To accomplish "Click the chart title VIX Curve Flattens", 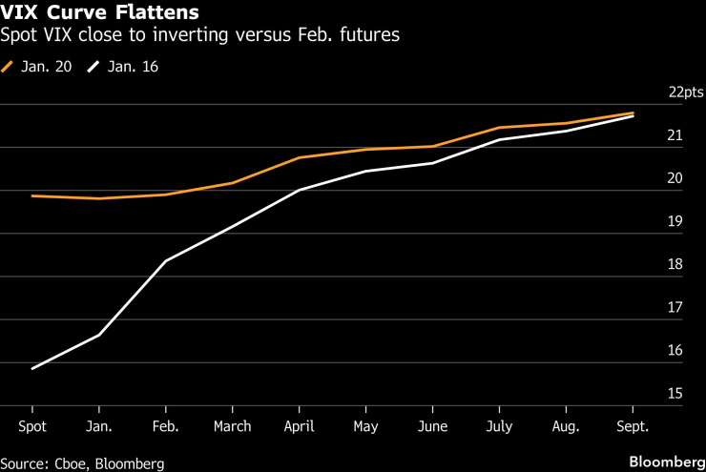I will pyautogui.click(x=100, y=13).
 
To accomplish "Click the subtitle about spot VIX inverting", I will pyautogui.click(x=200, y=36).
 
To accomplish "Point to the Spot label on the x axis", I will pyautogui.click(x=33, y=426).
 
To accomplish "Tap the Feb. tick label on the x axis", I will pyautogui.click(x=166, y=426).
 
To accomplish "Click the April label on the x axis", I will pyautogui.click(x=300, y=426).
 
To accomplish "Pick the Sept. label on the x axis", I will pyautogui.click(x=633, y=426).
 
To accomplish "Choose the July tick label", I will pyautogui.click(x=499, y=426).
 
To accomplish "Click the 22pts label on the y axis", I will pyautogui.click(x=685, y=92).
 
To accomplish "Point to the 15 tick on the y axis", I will pyautogui.click(x=675, y=393).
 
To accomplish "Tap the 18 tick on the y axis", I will pyautogui.click(x=675, y=264).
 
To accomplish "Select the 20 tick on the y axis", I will pyautogui.click(x=675, y=178).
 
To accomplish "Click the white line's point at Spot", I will pyautogui.click(x=33, y=368).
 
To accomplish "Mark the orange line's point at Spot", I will pyautogui.click(x=33, y=195).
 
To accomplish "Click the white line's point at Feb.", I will pyautogui.click(x=166, y=260).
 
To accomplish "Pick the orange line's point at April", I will pyautogui.click(x=300, y=157).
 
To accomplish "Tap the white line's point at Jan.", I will pyautogui.click(x=99, y=335).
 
